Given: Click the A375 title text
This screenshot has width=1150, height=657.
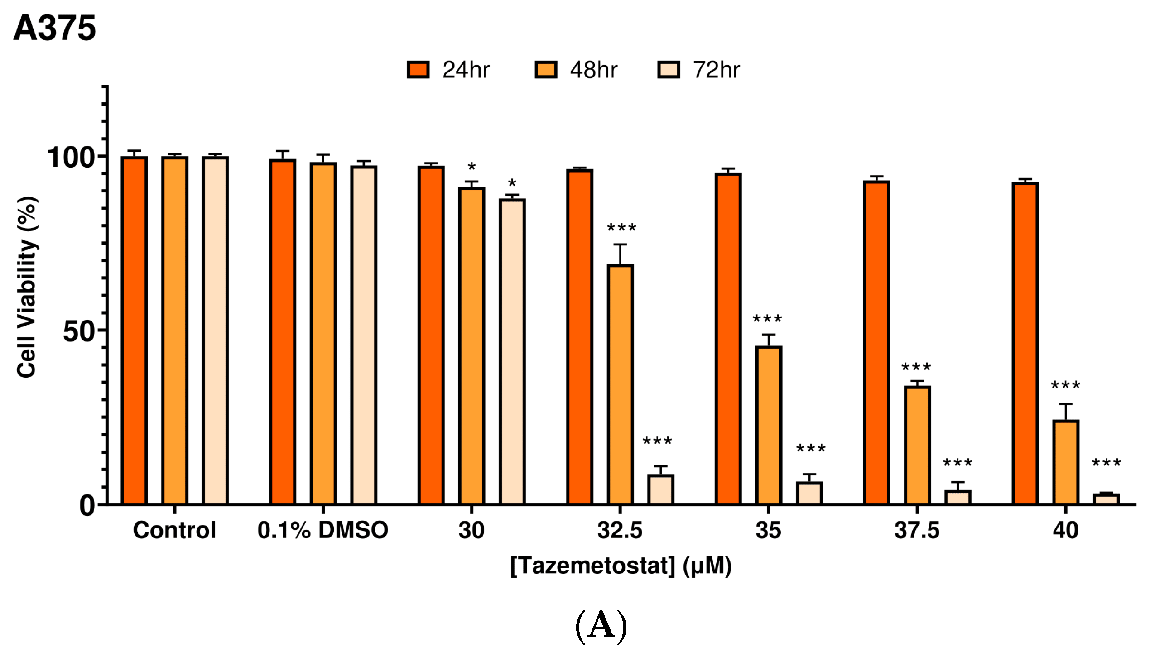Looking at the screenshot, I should click(54, 28).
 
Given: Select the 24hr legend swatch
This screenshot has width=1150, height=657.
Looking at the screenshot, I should click(418, 70).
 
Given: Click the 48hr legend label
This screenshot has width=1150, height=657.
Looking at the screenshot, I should click(593, 70).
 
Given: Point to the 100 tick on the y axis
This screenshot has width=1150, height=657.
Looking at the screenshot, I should click(70, 158).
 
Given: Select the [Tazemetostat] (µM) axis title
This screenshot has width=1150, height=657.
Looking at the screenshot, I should click(621, 566).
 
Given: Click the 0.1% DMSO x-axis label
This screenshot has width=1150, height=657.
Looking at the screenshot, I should click(322, 530).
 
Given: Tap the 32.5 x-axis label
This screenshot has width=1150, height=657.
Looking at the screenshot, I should click(620, 530).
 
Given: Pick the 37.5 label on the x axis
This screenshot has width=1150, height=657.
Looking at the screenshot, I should click(917, 530).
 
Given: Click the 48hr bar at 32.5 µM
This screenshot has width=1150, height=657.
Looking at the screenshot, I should click(620, 385).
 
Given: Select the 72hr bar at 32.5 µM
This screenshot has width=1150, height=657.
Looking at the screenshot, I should click(660, 489).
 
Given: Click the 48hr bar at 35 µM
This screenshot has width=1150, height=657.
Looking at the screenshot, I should click(769, 426).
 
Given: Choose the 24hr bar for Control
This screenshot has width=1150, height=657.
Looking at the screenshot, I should click(134, 331).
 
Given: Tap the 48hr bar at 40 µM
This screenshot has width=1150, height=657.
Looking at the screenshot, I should click(1065, 462).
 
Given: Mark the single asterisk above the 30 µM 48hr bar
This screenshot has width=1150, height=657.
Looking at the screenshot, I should click(472, 167).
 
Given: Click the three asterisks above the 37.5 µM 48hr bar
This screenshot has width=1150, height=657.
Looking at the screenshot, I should click(916, 367).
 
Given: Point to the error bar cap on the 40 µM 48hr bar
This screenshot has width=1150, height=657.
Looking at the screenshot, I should click(1065, 404).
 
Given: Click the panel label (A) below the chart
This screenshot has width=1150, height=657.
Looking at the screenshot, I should click(601, 627).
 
